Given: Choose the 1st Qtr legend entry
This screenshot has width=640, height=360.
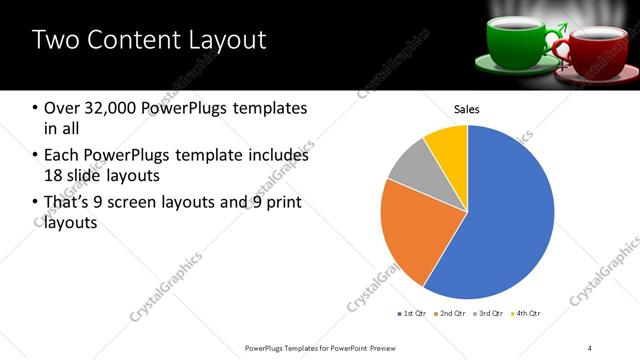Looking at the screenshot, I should click(411, 314).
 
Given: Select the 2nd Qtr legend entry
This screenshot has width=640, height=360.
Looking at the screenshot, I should click(449, 314).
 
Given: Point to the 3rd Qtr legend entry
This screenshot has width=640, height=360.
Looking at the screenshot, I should click(488, 314).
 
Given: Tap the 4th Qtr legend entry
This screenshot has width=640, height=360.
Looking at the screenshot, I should click(526, 314).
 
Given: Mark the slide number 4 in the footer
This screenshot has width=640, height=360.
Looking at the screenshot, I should click(590, 347).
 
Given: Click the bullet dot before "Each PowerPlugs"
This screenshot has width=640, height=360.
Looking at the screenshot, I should click(36, 156).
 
